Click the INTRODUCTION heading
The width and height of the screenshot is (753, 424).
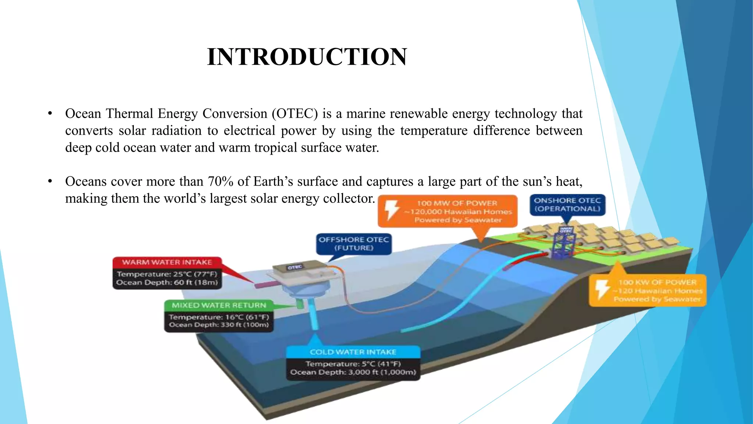click(x=307, y=57)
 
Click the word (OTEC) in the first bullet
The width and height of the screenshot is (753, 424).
click(x=295, y=114)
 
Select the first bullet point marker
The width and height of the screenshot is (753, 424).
click(x=50, y=114)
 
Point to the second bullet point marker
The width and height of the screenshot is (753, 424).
click(x=50, y=181)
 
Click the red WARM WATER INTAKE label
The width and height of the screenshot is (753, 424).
click(x=167, y=262)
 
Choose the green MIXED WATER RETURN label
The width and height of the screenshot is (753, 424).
click(x=219, y=305)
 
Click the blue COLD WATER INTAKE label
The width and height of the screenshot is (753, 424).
click(x=353, y=352)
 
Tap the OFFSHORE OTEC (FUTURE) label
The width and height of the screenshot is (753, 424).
click(x=353, y=244)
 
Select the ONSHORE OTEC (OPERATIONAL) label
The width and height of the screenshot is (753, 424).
click(x=567, y=205)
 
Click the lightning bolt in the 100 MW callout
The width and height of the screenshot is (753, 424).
click(x=392, y=211)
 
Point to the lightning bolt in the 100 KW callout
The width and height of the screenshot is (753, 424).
click(x=602, y=290)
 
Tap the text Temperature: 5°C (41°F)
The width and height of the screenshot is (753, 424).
click(x=353, y=364)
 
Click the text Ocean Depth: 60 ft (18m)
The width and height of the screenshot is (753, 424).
click(x=167, y=283)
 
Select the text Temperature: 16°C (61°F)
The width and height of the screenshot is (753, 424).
click(x=219, y=317)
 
